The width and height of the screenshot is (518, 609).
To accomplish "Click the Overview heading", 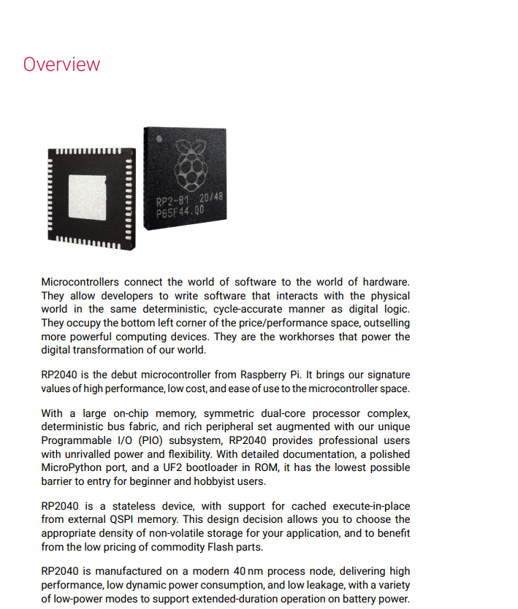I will click(61, 64).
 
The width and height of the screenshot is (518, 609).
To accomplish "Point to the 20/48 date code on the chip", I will click(211, 197).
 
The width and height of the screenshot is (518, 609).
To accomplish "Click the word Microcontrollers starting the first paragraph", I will click(80, 282).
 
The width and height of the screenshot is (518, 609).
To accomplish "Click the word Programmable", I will click(77, 440).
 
